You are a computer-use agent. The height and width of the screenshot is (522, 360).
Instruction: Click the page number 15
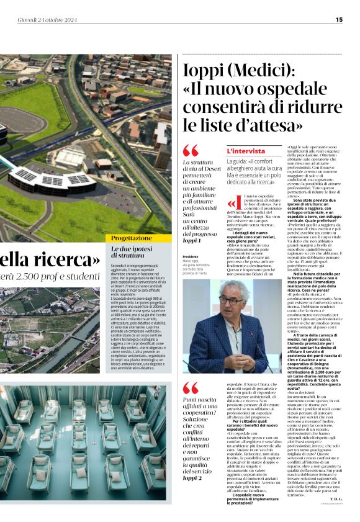pyautogui.click(x=339, y=19)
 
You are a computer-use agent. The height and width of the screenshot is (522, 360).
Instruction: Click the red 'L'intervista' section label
pyautogui.click(x=246, y=151)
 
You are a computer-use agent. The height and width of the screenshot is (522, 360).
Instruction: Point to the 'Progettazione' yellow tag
pyautogui.click(x=132, y=238)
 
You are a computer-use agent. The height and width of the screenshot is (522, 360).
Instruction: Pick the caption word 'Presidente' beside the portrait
pyautogui.click(x=191, y=256)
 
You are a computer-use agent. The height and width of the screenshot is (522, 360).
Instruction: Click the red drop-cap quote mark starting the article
pyautogui.click(x=232, y=203)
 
